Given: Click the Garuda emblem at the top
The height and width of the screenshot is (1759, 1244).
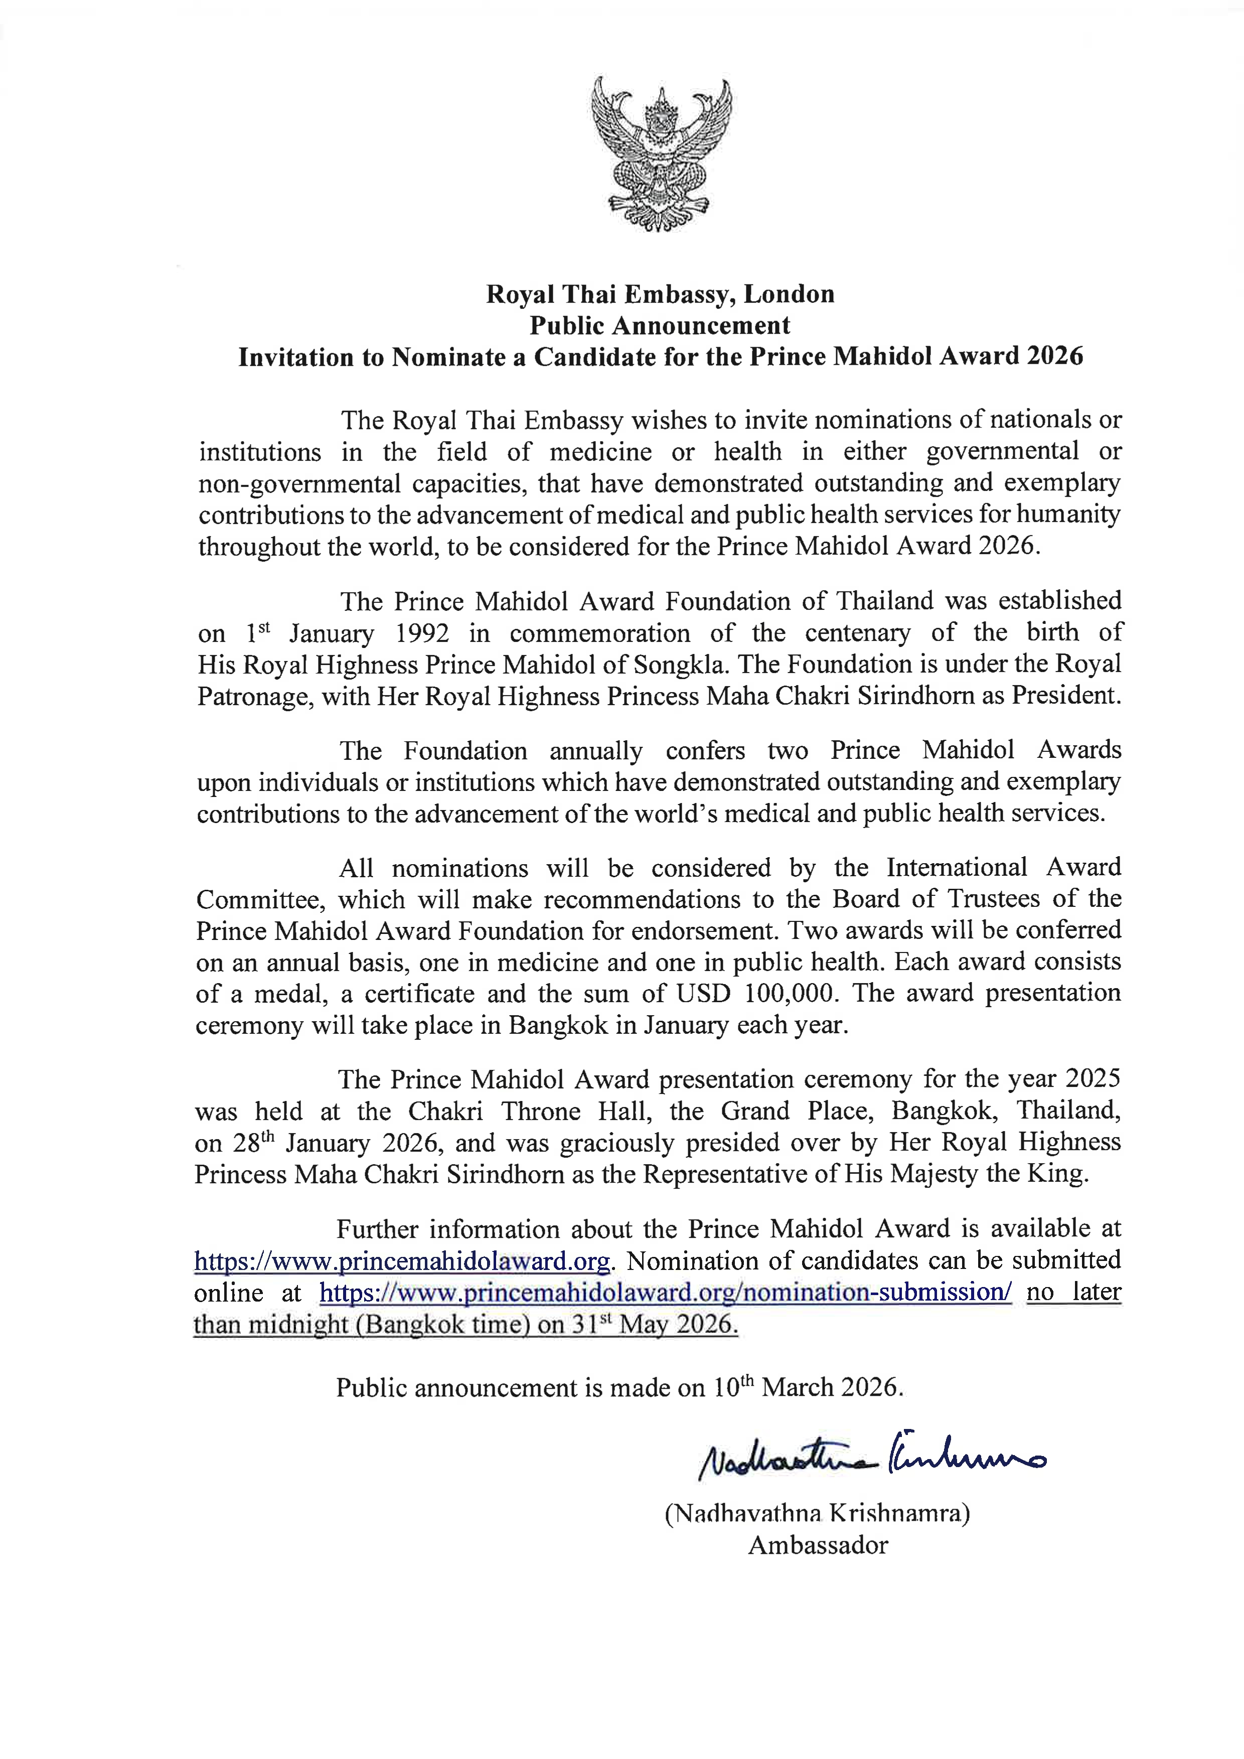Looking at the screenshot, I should pyautogui.click(x=660, y=153).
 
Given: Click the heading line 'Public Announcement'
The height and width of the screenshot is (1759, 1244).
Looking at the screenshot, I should pyautogui.click(x=660, y=326).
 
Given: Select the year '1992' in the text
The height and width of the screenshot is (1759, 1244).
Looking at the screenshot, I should pyautogui.click(x=421, y=633).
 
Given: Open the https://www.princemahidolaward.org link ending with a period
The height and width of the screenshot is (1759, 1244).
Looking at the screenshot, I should pyautogui.click(x=402, y=1261).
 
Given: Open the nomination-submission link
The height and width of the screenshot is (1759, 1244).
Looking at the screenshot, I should pyautogui.click(x=665, y=1293).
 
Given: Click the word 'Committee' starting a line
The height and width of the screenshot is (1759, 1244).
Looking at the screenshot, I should pyautogui.click(x=257, y=899).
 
